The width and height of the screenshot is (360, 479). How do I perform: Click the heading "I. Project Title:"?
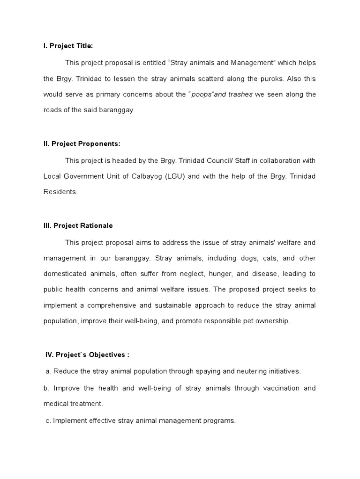pos(68,45)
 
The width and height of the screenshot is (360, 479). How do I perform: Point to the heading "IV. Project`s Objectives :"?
pos(87,355)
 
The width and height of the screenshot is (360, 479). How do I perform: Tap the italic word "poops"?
pos(203,94)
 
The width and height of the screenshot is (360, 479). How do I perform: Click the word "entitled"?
pos(150,62)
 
